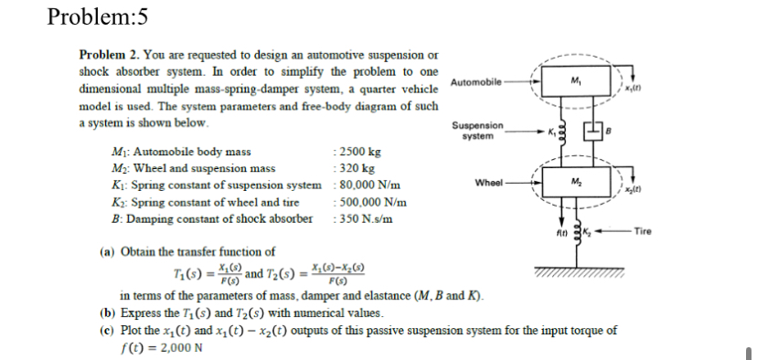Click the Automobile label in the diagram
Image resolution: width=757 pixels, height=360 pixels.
click(476, 82)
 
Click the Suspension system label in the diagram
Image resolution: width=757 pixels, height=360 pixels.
click(476, 130)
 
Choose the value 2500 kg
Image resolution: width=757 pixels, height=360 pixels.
click(357, 152)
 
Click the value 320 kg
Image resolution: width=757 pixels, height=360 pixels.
click(354, 168)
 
